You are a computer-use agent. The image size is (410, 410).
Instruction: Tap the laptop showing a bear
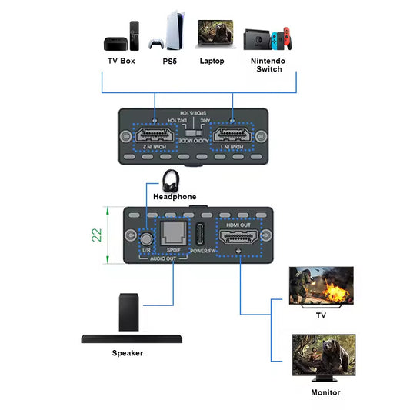tap(212, 35)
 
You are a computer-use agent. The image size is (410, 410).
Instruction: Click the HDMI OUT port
tap(240, 235)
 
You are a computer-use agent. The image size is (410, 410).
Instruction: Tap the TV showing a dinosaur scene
tap(320, 286)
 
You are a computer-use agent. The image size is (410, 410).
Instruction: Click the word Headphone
tap(175, 197)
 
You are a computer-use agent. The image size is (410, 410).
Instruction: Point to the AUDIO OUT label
tap(163, 259)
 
